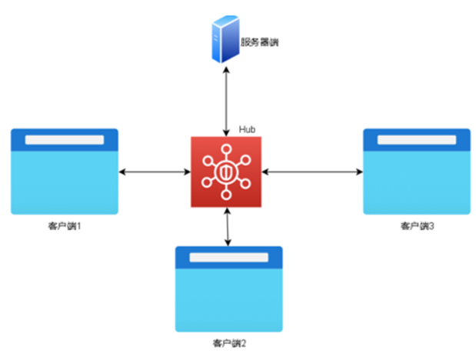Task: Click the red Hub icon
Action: point(225,171)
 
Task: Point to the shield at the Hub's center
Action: point(225,172)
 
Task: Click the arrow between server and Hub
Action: point(225,100)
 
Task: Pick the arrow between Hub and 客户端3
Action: point(311,171)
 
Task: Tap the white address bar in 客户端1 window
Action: point(64,139)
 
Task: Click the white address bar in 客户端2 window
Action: point(228,257)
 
